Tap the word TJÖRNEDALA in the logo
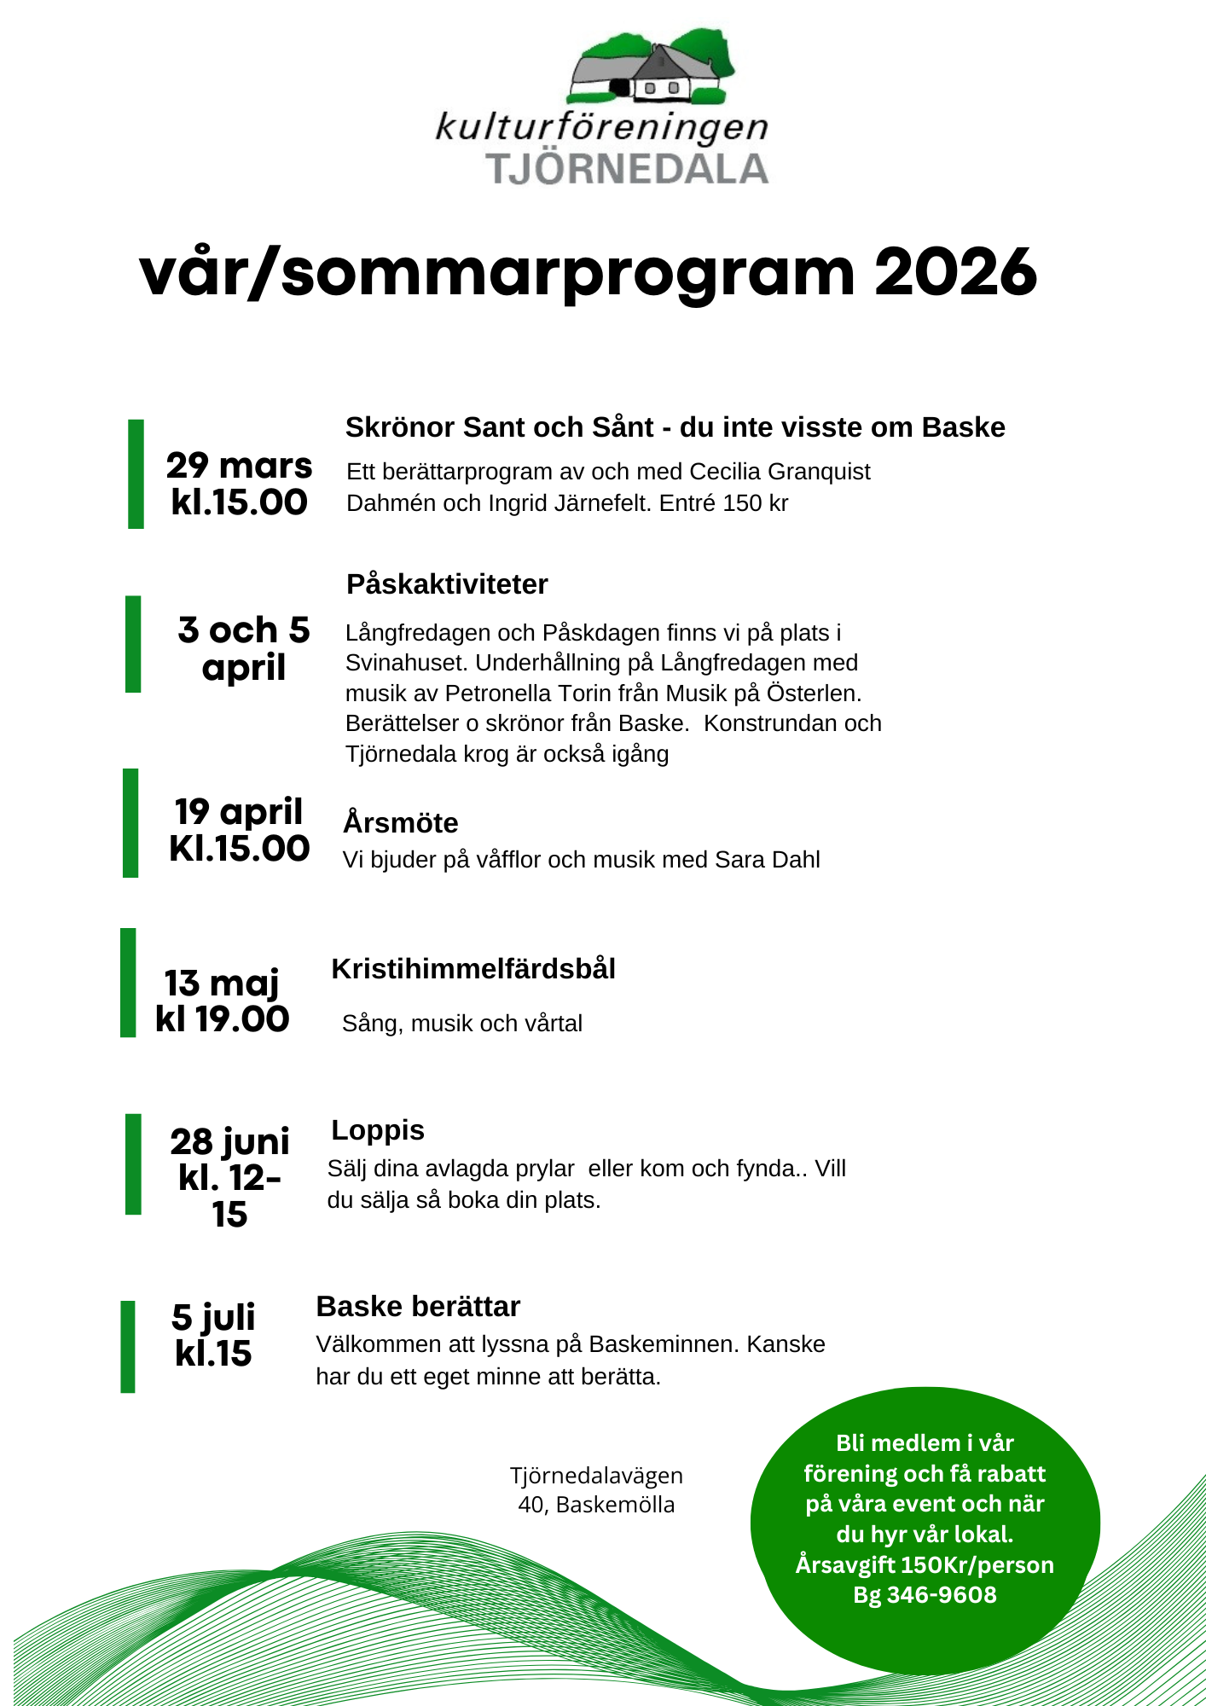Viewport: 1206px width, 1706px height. point(627,169)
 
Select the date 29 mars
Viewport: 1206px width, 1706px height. point(239,466)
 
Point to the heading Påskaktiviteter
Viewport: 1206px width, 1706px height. point(447,584)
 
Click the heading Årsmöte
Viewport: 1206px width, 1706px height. point(400,823)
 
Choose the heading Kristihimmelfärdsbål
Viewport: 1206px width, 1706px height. point(473,969)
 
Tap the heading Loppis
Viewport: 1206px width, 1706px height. point(377,1130)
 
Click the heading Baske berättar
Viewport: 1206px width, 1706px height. point(418,1307)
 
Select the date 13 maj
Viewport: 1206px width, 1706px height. point(222,983)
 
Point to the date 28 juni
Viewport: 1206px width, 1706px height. point(229,1141)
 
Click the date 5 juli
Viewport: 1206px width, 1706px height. point(213,1317)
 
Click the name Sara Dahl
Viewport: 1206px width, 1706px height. point(768,860)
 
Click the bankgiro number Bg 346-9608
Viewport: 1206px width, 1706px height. point(925,1595)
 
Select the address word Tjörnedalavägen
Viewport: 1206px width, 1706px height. point(596,1476)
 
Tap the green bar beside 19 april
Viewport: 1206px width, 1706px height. point(130,823)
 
